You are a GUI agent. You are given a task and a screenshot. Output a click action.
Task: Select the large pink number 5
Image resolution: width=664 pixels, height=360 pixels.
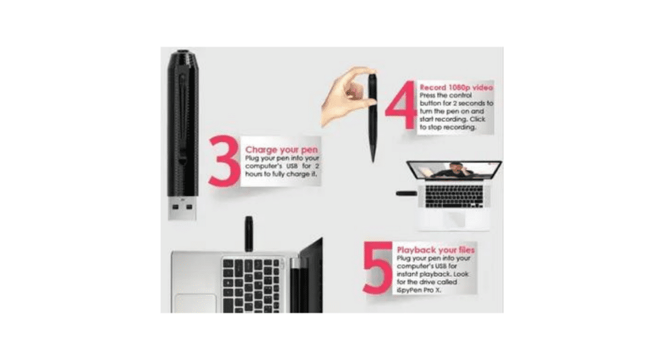[378, 268]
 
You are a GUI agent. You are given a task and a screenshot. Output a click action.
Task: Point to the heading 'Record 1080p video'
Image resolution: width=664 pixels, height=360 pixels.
[456, 86]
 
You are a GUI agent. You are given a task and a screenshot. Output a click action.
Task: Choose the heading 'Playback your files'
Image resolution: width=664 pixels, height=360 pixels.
[435, 250]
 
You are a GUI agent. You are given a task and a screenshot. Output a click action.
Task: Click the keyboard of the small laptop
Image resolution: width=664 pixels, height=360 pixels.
[454, 195]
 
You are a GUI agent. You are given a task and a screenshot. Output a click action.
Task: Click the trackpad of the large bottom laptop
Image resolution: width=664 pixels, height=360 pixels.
[195, 304]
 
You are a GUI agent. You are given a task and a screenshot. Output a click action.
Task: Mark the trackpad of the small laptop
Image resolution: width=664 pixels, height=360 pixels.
[453, 217]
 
